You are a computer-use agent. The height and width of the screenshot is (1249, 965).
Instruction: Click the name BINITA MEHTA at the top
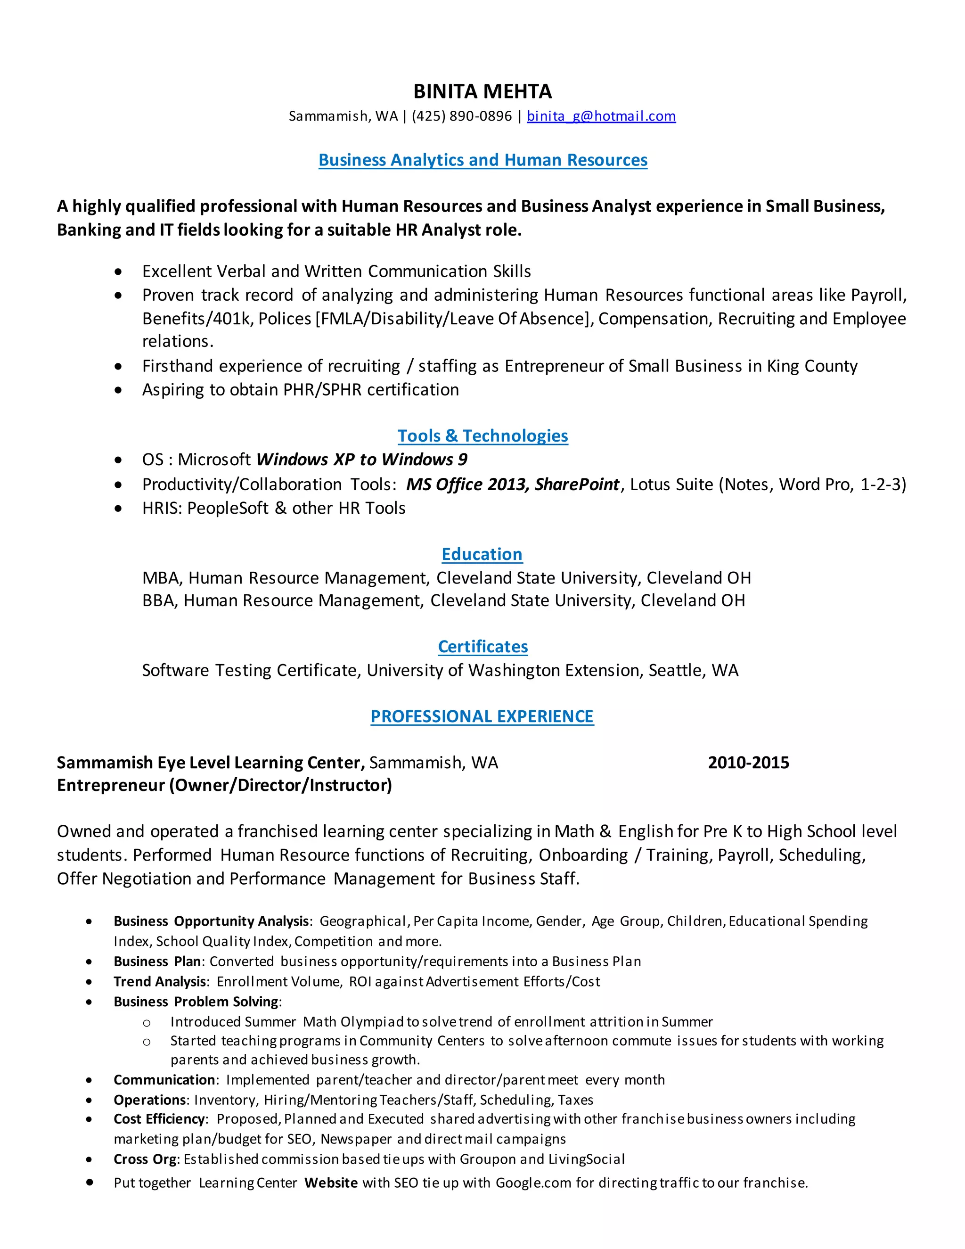click(x=482, y=91)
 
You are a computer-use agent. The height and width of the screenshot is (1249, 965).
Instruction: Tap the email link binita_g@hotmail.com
click(x=601, y=116)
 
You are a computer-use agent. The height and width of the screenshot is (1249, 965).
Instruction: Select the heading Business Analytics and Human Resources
click(x=482, y=160)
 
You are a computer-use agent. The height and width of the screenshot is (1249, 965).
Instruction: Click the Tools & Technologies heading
click(x=482, y=436)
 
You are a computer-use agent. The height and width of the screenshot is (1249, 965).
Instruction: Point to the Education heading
click(x=482, y=554)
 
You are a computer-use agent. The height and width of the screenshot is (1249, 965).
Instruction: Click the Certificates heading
click(x=482, y=646)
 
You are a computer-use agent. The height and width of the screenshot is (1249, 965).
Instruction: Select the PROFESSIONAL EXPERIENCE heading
click(x=482, y=716)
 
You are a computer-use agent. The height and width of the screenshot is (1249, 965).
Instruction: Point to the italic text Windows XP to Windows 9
click(x=362, y=460)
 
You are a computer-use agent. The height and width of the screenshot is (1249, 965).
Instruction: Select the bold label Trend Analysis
click(x=160, y=981)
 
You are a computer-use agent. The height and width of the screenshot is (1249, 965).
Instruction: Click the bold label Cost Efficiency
click(x=159, y=1118)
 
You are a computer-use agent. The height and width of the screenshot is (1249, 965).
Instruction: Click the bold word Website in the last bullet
click(x=331, y=1183)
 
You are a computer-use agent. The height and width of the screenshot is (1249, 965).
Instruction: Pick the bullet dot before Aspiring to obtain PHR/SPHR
click(x=118, y=391)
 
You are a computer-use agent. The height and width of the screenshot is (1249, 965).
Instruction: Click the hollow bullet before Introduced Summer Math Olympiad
click(x=147, y=1023)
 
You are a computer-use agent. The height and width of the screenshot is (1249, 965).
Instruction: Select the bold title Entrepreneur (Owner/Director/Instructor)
click(x=224, y=785)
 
